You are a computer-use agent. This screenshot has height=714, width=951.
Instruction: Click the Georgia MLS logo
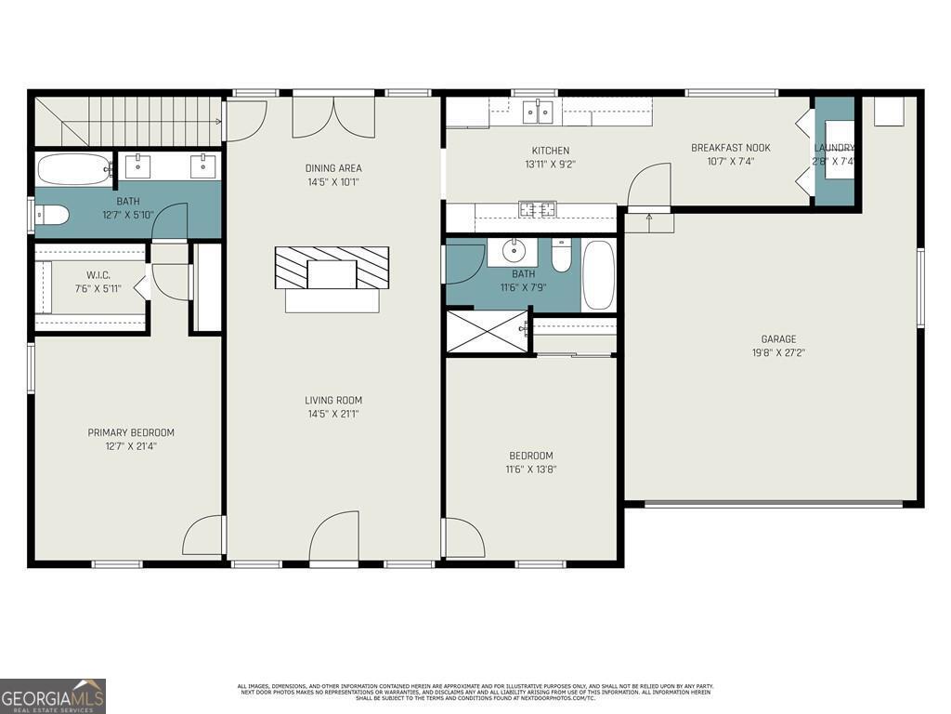click(53, 696)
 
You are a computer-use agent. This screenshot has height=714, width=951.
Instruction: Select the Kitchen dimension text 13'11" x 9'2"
click(551, 164)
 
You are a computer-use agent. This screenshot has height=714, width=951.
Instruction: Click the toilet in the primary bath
click(52, 216)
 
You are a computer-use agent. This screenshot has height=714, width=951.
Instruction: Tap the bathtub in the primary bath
click(73, 169)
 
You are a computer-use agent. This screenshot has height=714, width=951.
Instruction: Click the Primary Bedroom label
click(131, 432)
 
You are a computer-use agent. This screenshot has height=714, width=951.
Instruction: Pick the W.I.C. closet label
click(98, 274)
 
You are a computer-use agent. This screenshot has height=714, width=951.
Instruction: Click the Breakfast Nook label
click(730, 148)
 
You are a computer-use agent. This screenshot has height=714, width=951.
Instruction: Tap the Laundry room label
click(834, 149)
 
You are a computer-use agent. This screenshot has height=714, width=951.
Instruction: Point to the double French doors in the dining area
click(333, 116)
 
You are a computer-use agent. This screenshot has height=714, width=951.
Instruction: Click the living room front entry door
click(333, 539)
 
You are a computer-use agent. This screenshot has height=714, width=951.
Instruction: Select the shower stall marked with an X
click(487, 332)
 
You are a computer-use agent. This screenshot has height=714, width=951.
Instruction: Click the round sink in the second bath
click(514, 251)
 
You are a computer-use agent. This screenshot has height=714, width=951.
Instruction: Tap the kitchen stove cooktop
click(537, 209)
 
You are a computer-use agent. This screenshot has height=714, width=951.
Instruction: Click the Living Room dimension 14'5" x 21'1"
click(334, 414)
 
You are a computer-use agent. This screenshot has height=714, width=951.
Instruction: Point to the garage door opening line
click(774, 504)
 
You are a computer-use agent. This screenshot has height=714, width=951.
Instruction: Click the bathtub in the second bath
click(598, 274)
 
